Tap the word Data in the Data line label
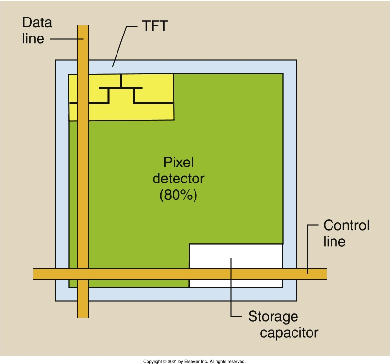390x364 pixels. tap(37, 23)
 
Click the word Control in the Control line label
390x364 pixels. tap(347, 226)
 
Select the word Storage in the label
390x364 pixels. tap(273, 317)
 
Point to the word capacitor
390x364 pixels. tap(289, 333)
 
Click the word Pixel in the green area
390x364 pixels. tap(178, 162)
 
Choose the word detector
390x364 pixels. tap(178, 178)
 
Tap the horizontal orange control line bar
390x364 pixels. tap(146, 273)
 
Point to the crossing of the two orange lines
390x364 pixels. tap(83, 273)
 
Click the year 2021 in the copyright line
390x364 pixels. tap(170, 361)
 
